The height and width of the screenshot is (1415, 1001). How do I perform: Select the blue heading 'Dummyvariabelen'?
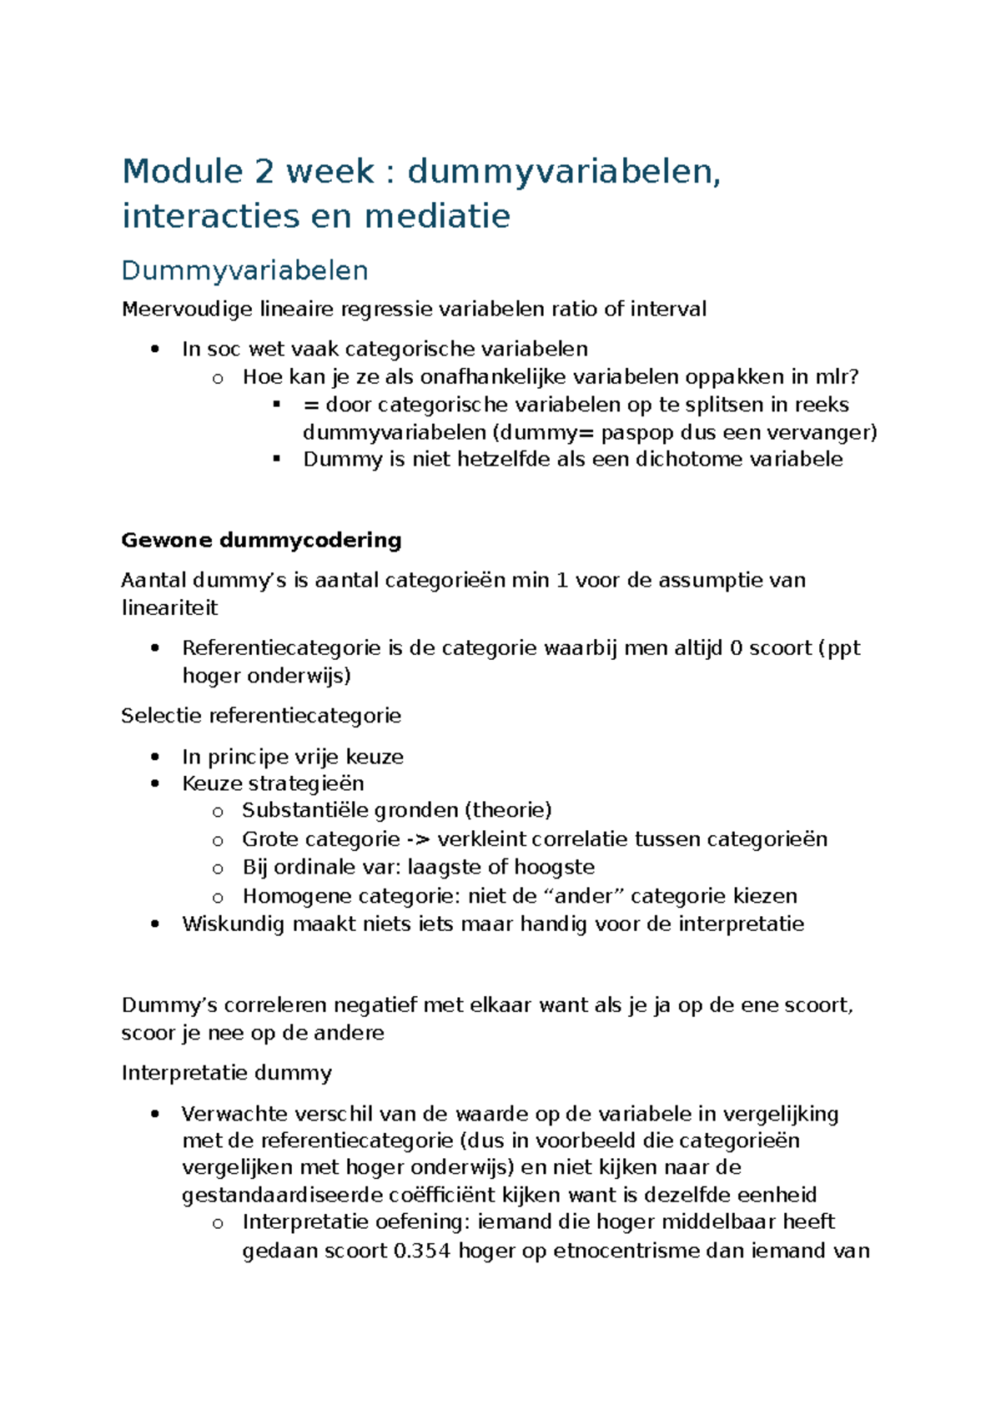[x=244, y=270]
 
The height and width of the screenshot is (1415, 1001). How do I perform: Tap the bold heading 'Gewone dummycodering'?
[x=261, y=540]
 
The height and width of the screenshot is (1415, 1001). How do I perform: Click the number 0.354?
[x=422, y=1251]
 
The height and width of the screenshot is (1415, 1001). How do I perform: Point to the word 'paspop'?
[x=637, y=432]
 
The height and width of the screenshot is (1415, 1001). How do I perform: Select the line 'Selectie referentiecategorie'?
[x=261, y=715]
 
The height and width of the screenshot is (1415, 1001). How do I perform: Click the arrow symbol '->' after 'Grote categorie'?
[x=419, y=838]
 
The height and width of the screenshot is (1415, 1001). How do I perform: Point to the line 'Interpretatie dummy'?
[x=226, y=1072]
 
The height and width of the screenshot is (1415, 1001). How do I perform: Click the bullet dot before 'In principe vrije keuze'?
[x=154, y=757]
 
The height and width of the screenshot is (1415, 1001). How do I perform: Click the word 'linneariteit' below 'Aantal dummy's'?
[x=169, y=607]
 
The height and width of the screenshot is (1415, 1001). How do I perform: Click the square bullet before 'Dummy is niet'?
[x=277, y=459]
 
